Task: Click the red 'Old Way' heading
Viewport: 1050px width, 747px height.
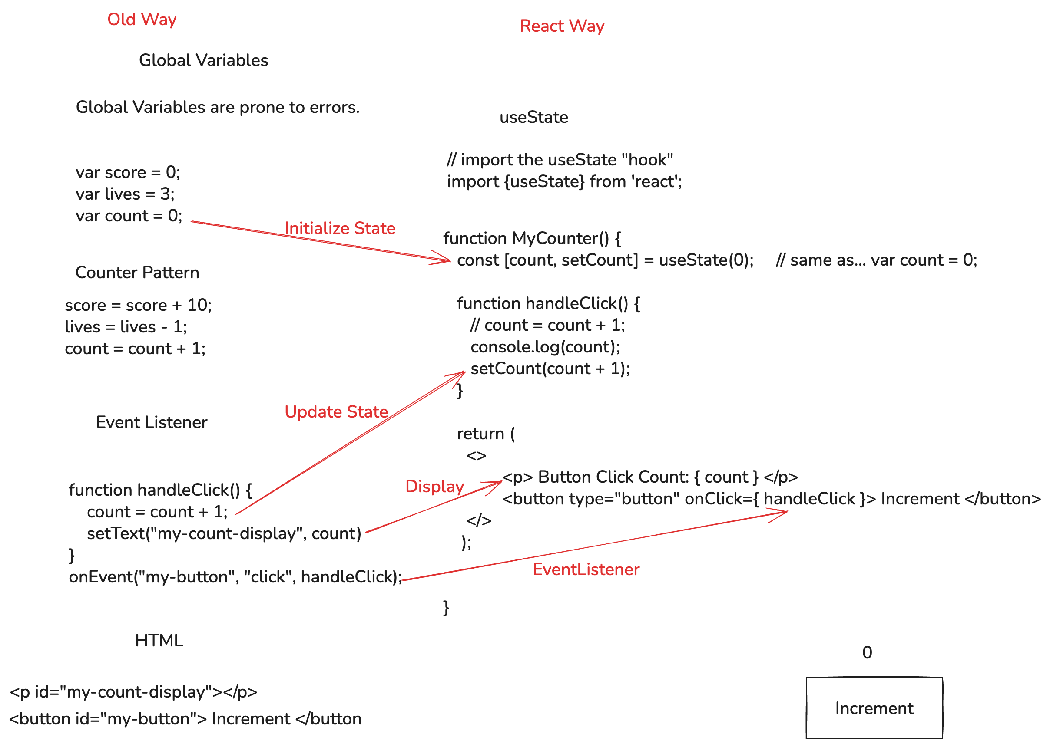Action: click(x=142, y=20)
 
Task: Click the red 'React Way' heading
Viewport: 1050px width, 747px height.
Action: click(x=562, y=26)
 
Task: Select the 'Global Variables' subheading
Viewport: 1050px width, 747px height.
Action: click(x=203, y=60)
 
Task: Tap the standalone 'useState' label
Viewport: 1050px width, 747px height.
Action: click(x=533, y=117)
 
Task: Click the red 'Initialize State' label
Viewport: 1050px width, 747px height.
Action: click(x=340, y=228)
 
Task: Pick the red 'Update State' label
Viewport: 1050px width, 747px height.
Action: click(x=336, y=411)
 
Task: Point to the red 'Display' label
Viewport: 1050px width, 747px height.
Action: click(x=434, y=486)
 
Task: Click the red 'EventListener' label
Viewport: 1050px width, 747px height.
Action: click(x=586, y=569)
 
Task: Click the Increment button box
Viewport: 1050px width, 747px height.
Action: click(x=874, y=708)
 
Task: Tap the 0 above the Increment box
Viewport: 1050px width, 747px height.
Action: click(x=867, y=652)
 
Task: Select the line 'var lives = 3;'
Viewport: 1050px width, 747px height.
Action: click(x=125, y=194)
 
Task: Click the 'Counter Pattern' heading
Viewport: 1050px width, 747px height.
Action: click(x=137, y=272)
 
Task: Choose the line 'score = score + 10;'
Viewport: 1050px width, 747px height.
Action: click(x=138, y=305)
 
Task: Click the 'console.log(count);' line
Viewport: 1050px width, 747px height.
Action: click(x=545, y=347)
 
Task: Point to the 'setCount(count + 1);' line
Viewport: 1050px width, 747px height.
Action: click(x=550, y=369)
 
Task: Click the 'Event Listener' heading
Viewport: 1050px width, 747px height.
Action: click(x=152, y=422)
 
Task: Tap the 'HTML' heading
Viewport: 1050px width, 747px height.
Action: click(x=159, y=640)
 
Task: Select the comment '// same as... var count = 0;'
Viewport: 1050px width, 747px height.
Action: click(x=876, y=260)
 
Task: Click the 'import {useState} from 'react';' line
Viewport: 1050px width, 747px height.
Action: click(x=564, y=182)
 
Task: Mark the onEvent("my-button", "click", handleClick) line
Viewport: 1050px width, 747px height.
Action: click(x=235, y=577)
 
